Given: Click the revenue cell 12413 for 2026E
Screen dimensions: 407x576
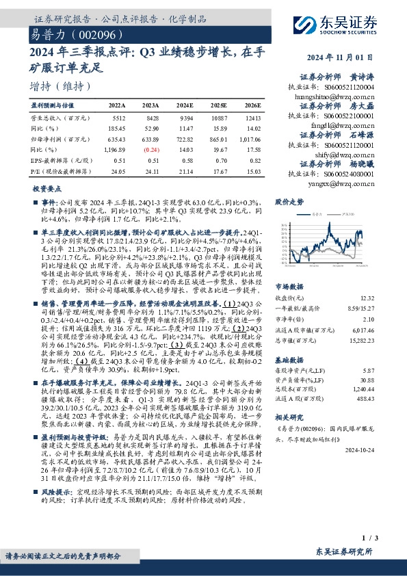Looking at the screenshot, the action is (x=251, y=118).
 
